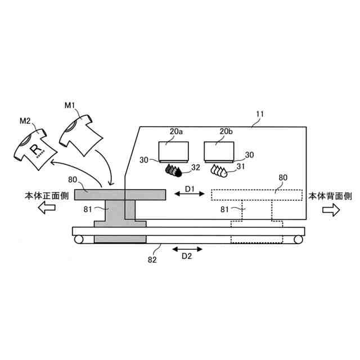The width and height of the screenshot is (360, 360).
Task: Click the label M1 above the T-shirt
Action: tap(70, 105)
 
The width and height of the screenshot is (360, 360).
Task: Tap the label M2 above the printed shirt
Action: tap(25, 120)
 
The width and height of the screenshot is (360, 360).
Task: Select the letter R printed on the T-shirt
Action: tap(35, 148)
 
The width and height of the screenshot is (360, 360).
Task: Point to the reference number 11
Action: tap(260, 114)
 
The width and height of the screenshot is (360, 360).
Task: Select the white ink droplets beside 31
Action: tap(218, 169)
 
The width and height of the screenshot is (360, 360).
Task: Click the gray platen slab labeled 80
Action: tap(118, 194)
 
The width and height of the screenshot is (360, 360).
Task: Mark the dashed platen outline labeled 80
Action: tap(256, 195)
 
